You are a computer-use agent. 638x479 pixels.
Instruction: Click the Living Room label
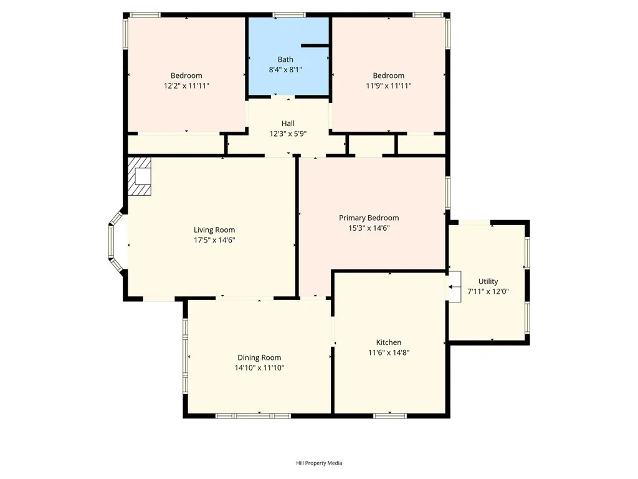tap(214, 230)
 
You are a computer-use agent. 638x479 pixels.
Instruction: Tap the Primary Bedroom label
tap(369, 218)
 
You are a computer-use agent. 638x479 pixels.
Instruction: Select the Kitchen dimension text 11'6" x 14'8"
tap(388, 352)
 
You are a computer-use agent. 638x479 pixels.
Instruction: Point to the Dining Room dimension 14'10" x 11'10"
tap(259, 368)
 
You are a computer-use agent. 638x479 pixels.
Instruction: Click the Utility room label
tap(488, 281)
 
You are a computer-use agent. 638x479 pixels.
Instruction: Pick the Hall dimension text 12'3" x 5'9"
tap(288, 133)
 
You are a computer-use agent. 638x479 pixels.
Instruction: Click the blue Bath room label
tap(285, 60)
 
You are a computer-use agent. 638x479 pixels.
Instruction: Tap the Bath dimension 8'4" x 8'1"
tap(285, 70)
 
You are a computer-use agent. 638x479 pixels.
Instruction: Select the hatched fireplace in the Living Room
tap(140, 177)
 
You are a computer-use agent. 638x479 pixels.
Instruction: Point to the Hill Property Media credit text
tap(319, 463)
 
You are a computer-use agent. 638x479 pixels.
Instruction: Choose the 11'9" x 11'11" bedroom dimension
tap(388, 85)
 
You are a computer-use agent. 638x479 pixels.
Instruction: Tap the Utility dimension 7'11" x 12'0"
tap(488, 291)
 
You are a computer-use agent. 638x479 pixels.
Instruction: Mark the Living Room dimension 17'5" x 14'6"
tap(214, 239)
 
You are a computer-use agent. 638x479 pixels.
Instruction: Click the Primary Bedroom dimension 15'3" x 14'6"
tap(369, 228)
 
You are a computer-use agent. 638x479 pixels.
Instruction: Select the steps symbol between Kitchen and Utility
tap(455, 287)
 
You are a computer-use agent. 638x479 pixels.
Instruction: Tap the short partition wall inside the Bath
tap(315, 46)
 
